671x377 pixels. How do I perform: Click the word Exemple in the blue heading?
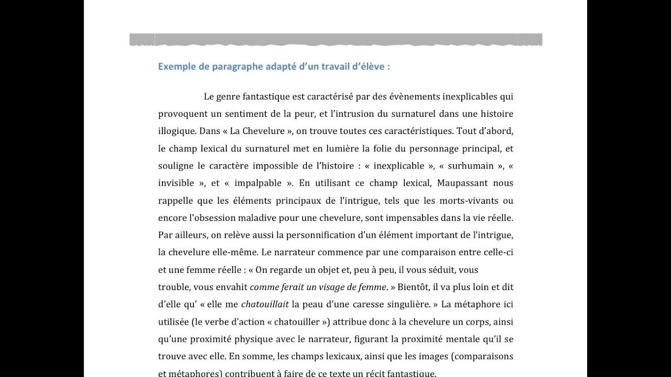pos(176,67)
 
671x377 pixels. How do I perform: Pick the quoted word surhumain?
pos(471,166)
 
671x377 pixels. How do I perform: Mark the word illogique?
pos(176,131)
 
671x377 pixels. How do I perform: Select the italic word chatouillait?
pos(265,304)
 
